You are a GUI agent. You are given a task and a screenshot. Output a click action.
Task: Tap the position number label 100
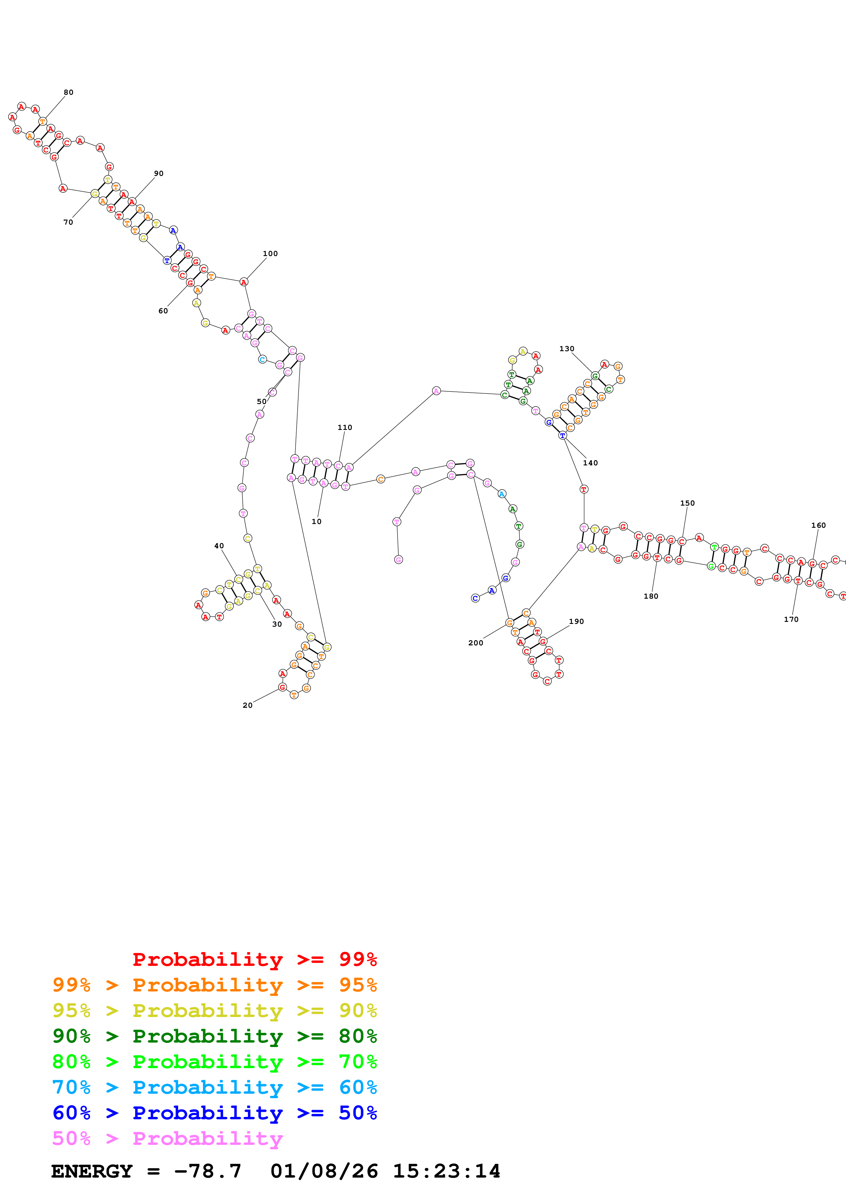270,254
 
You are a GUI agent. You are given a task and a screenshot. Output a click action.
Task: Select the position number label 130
567,348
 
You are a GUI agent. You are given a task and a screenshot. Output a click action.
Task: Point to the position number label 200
475,643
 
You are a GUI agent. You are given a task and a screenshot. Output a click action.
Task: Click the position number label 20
248,705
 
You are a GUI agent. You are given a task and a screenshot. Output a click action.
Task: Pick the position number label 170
791,619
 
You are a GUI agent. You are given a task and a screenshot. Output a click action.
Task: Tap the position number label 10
316,521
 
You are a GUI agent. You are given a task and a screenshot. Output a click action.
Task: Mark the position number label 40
219,546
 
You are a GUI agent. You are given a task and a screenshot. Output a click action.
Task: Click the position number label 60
163,311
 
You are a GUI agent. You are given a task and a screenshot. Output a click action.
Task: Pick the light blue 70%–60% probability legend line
214,1088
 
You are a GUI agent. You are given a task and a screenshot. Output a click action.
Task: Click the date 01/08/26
324,1171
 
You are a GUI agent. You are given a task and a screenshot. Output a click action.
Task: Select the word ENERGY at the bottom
92,1171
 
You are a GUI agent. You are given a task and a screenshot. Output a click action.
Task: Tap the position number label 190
576,622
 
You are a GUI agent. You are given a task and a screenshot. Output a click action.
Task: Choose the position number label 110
345,428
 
